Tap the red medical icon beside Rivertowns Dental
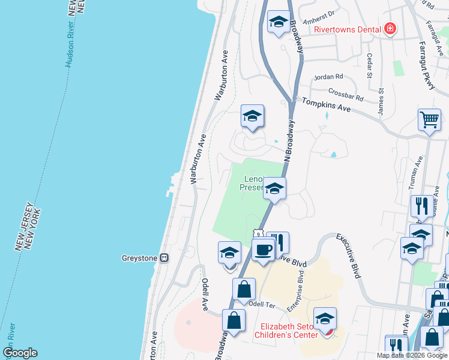point(390,28)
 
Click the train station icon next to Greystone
point(164,258)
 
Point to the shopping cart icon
point(429,119)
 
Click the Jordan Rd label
point(328,77)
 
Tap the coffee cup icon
point(264,248)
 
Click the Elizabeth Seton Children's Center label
point(289,331)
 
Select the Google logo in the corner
point(20,353)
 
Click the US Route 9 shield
point(258,233)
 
